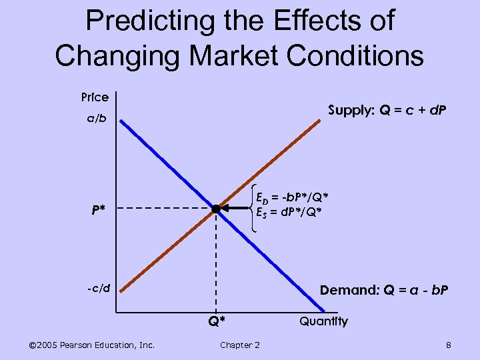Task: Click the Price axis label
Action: coord(95,97)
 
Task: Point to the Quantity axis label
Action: coord(323,321)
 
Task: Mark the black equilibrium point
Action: coord(215,209)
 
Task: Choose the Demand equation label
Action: coord(384,290)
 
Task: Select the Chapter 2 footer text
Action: coord(240,344)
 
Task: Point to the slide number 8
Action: coord(449,344)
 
